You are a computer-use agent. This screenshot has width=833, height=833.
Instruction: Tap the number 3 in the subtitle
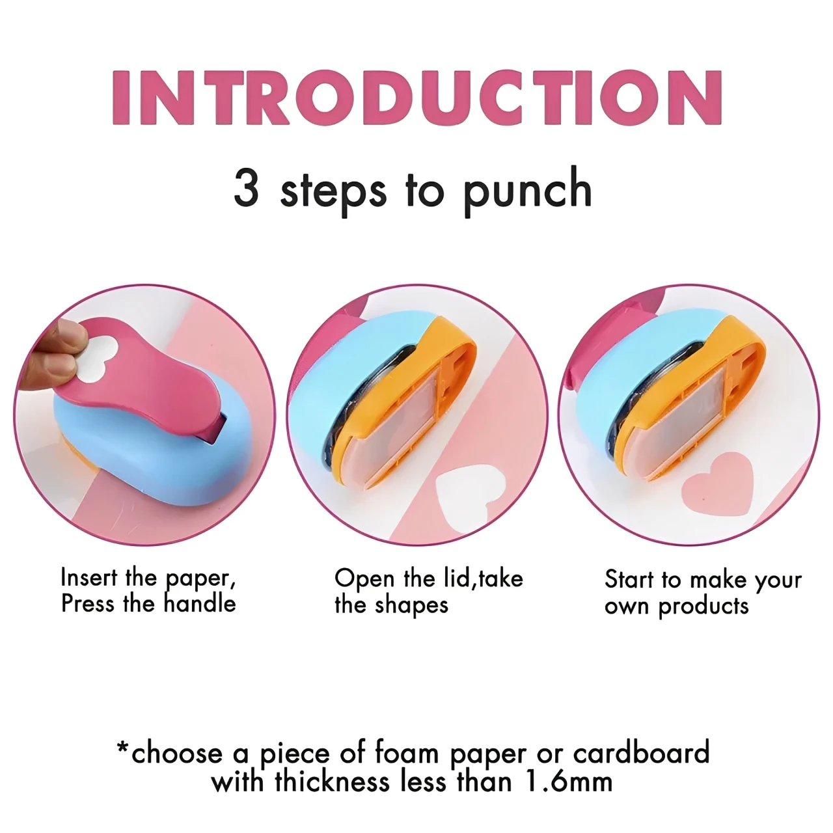pyautogui.click(x=247, y=188)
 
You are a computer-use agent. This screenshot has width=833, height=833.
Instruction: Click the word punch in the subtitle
pyautogui.click(x=527, y=189)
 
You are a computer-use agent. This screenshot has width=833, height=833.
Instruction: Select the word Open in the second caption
pyautogui.click(x=364, y=579)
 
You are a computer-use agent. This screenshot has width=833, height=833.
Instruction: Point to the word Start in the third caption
pyautogui.click(x=629, y=579)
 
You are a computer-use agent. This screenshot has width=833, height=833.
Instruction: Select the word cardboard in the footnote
pyautogui.click(x=640, y=753)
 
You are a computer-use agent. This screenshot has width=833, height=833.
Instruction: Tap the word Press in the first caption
pyautogui.click(x=89, y=603)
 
